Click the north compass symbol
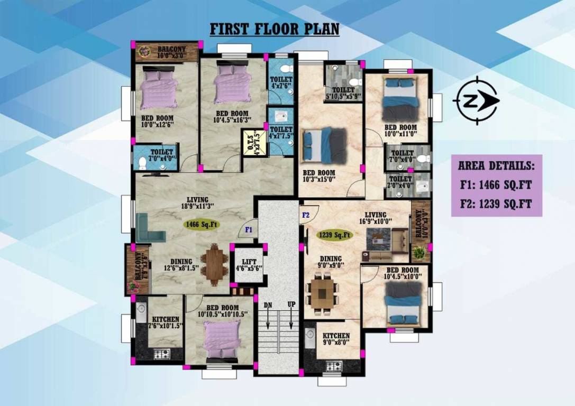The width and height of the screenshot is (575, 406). coord(476,100)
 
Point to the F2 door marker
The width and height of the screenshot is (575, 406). coord(306,215)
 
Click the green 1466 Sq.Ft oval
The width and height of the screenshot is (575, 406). coord(202,224)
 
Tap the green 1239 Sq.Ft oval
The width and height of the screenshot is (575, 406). coord(334,234)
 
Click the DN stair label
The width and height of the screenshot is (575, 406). coord(268,305)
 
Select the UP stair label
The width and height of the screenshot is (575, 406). coord(290,305)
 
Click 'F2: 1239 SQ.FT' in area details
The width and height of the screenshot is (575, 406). coord(496,204)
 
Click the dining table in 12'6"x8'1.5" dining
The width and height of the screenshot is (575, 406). coord(215,264)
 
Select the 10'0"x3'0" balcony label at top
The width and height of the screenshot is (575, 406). coord(171,52)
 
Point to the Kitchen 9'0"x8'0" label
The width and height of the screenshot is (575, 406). coord(336,338)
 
